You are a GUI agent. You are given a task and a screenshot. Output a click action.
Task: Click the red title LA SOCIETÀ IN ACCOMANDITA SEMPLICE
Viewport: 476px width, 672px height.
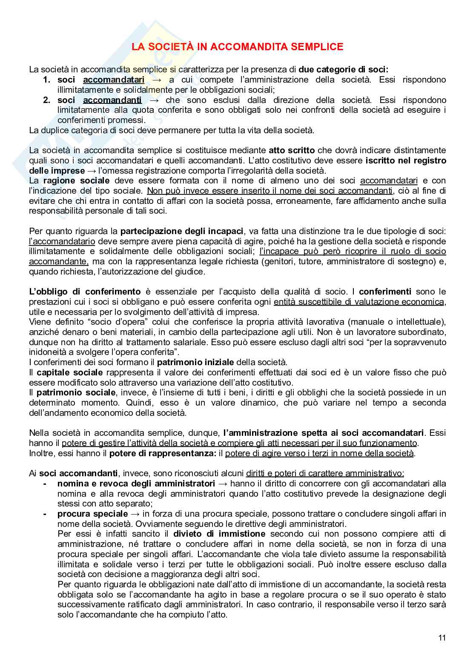[237, 47]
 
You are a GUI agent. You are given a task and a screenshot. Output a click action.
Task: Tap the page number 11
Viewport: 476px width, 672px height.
[442, 638]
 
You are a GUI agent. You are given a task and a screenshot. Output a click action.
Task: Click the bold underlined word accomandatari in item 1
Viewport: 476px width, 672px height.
[114, 80]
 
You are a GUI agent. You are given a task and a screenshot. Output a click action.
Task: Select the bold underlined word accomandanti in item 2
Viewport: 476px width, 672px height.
[112, 100]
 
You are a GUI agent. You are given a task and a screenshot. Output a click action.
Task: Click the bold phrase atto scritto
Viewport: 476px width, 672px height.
[292, 150]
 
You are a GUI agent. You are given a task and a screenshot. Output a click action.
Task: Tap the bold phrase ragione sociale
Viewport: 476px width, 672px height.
[77, 180]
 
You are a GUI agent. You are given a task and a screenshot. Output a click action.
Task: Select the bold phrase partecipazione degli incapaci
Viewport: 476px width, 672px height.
[182, 231]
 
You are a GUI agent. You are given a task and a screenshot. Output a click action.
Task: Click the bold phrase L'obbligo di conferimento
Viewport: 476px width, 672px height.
[85, 292]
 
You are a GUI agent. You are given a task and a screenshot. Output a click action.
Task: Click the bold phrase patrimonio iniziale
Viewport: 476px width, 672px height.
[195, 362]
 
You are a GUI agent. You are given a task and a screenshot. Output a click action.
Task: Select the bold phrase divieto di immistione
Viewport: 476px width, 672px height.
[219, 534]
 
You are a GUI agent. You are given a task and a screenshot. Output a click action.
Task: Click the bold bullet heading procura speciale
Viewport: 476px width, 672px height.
[92, 514]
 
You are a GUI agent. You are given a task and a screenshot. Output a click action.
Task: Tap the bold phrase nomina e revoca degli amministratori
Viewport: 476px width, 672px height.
[136, 483]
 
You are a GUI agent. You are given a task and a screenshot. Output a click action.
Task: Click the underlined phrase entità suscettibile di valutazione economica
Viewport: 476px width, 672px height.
[359, 302]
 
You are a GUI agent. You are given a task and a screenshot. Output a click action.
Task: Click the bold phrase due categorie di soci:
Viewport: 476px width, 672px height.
[344, 69]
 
